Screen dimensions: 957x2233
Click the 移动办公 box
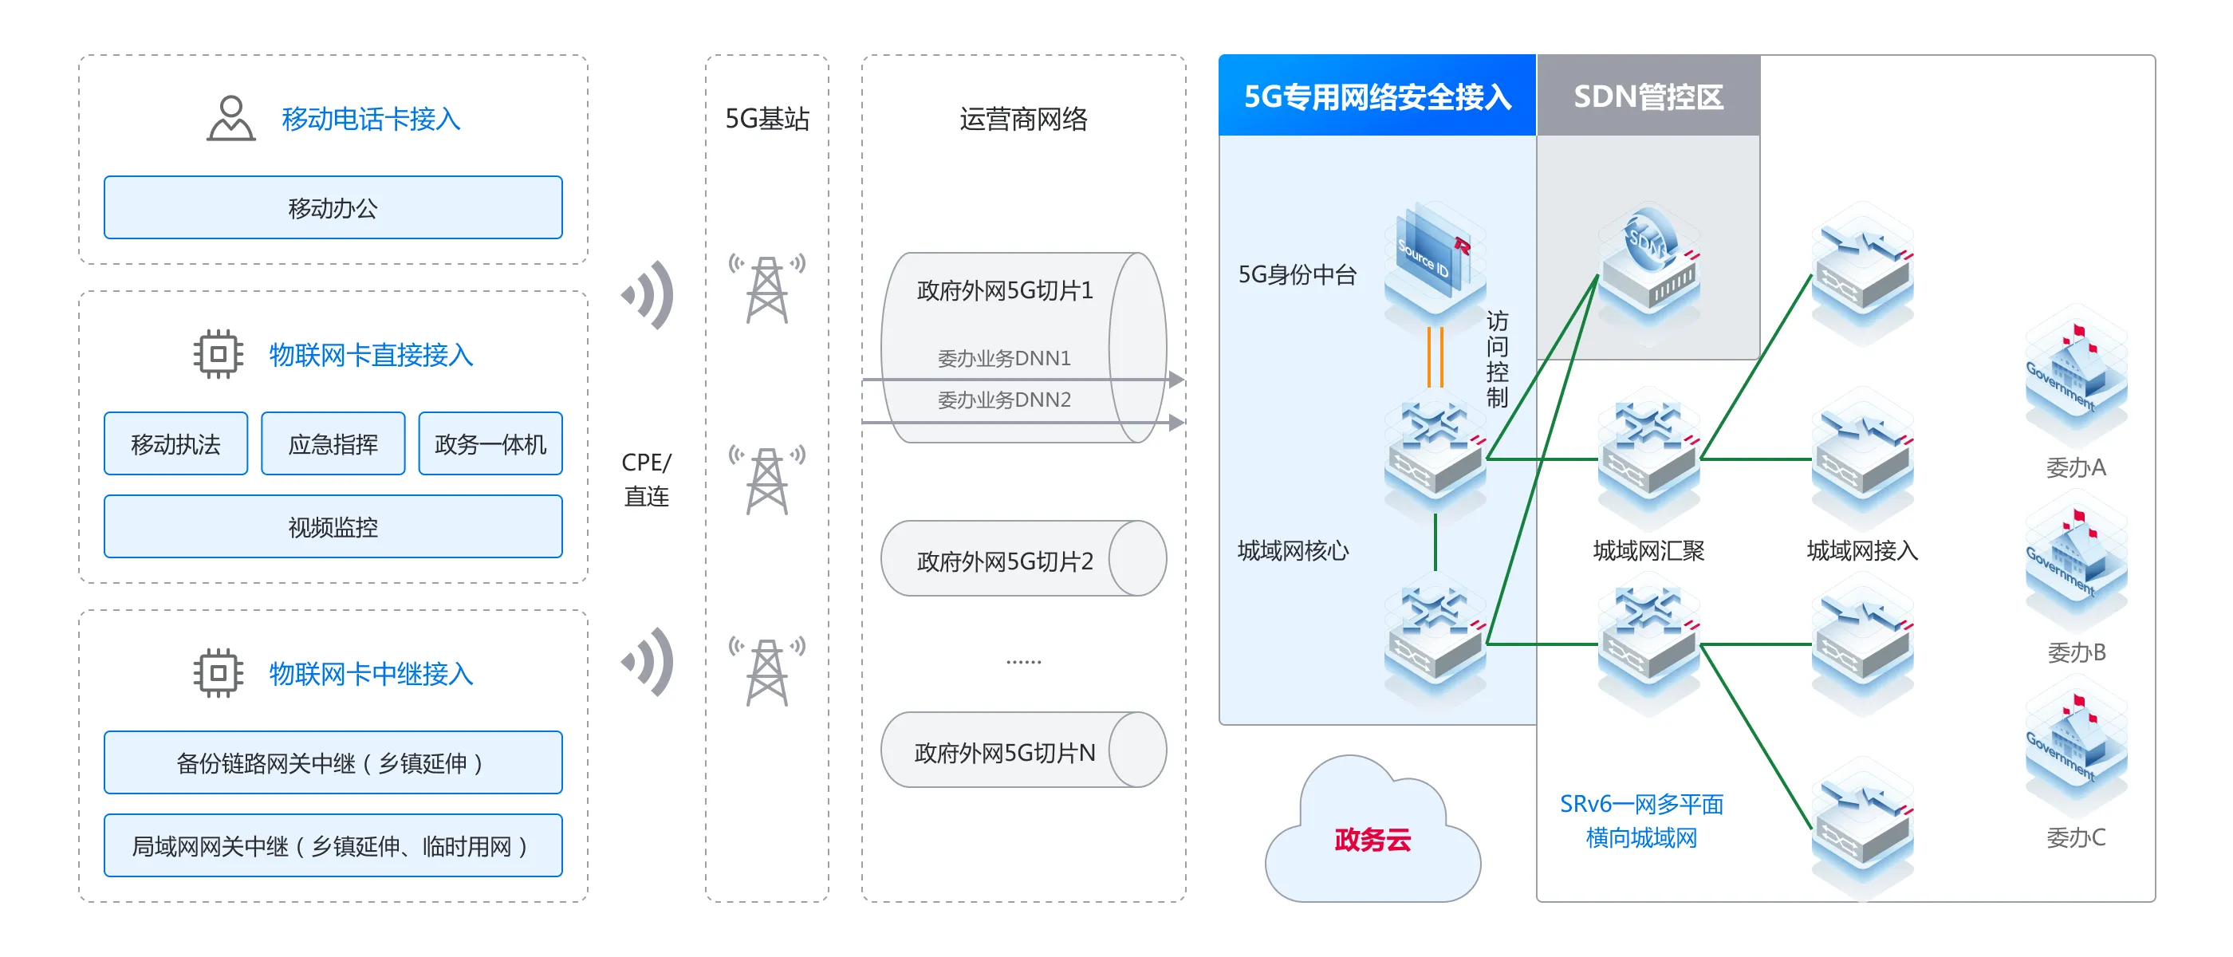[x=333, y=208]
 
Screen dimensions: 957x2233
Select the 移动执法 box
[x=176, y=444]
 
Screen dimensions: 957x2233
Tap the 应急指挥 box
[x=333, y=444]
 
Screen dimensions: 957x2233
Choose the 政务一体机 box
[x=490, y=444]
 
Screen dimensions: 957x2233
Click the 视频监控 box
[x=333, y=527]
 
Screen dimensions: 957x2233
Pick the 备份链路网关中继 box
[x=333, y=763]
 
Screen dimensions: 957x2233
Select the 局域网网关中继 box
[x=333, y=846]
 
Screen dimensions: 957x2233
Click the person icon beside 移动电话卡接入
[x=230, y=118]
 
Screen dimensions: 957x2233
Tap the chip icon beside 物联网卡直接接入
[x=219, y=353]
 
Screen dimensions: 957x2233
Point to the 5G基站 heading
[x=767, y=119]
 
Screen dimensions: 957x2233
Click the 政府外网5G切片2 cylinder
[x=1023, y=559]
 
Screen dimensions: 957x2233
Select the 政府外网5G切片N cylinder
[x=1023, y=750]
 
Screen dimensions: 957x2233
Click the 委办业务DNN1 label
[x=1004, y=358]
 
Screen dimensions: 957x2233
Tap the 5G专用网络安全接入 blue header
[x=1376, y=96]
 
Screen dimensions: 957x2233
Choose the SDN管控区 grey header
[x=1648, y=96]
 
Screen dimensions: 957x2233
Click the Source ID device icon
[x=1435, y=260]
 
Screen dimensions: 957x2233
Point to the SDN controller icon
[x=1648, y=260]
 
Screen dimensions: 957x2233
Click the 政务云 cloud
[x=1372, y=837]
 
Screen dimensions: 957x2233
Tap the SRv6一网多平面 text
[x=1641, y=805]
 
